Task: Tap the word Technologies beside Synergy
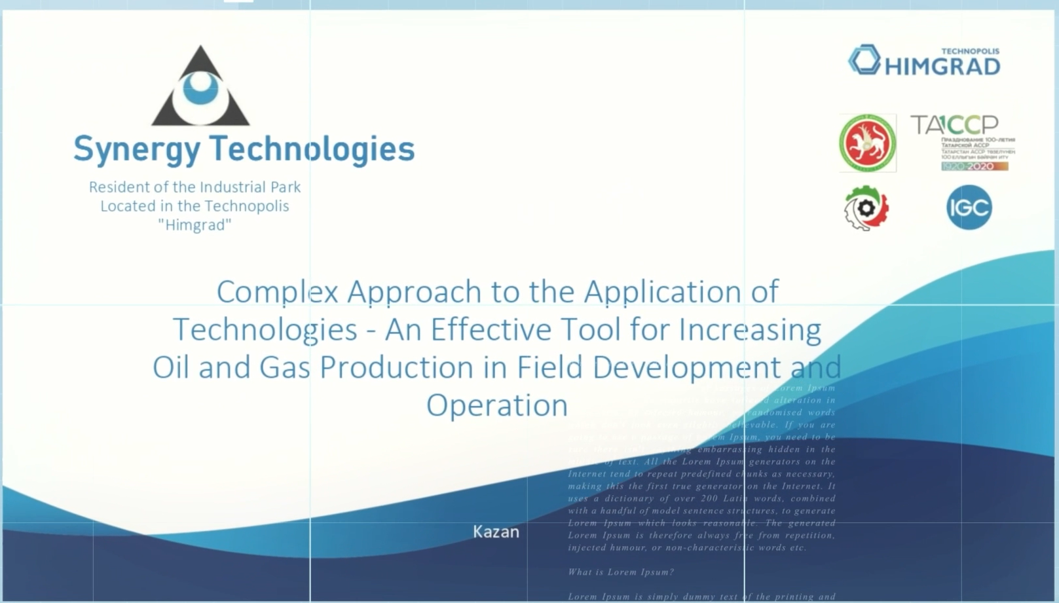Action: pos(312,149)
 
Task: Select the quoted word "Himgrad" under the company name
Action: pos(195,225)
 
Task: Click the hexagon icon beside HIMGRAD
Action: pos(864,60)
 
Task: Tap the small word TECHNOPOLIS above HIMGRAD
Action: pos(970,51)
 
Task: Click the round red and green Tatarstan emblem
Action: pos(868,143)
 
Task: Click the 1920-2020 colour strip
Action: pos(975,166)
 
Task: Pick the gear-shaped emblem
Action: pos(866,208)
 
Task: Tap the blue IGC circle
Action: pos(969,208)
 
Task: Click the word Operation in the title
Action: pos(497,405)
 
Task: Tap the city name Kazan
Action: pos(496,532)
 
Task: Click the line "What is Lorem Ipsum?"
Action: pos(621,572)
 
